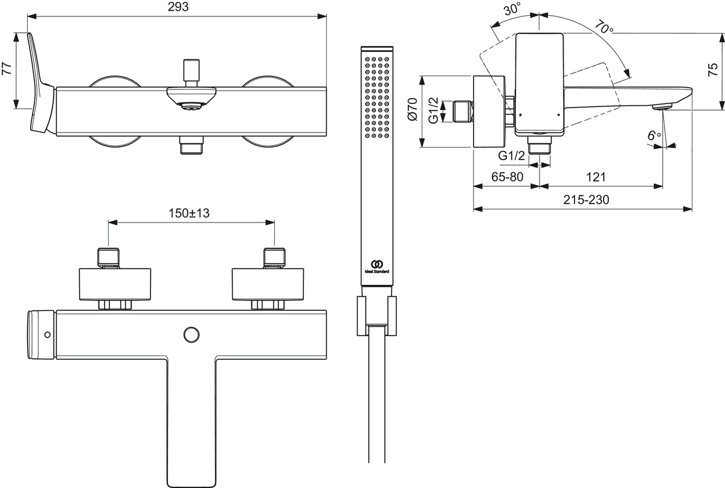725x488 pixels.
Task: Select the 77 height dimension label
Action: [x=7, y=69]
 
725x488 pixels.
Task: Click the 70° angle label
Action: [x=604, y=28]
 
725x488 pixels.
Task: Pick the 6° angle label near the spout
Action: [x=654, y=136]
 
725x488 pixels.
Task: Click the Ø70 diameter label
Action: [x=412, y=111]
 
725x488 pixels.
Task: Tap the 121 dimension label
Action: [x=596, y=177]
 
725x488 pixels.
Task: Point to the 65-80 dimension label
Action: [x=507, y=177]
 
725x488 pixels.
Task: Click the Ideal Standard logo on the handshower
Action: [x=375, y=266]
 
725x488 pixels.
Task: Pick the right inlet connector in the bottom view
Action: [x=274, y=258]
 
